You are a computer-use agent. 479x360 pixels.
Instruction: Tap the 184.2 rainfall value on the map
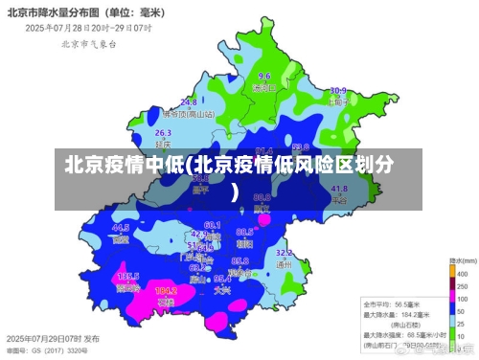coord(165,290)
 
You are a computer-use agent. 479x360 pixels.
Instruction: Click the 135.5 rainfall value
coord(128,276)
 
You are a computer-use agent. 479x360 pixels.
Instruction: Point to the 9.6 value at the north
coord(264,76)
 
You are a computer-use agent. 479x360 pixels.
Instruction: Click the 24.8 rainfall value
coord(189,101)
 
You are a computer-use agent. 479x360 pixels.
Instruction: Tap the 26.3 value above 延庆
coord(163,133)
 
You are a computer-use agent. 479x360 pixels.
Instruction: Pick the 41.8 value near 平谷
coord(339,190)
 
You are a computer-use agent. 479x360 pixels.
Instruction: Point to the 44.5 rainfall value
coord(121,228)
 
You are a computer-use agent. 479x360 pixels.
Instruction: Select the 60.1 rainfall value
coord(213,224)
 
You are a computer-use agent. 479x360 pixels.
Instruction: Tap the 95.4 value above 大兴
coord(222,279)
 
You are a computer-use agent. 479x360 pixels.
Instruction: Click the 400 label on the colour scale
coord(464,273)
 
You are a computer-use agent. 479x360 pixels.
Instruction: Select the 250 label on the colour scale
coord(464,283)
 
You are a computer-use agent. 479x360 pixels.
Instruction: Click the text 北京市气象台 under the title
coord(88,43)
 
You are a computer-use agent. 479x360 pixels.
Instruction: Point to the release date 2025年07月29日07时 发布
coord(52,339)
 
